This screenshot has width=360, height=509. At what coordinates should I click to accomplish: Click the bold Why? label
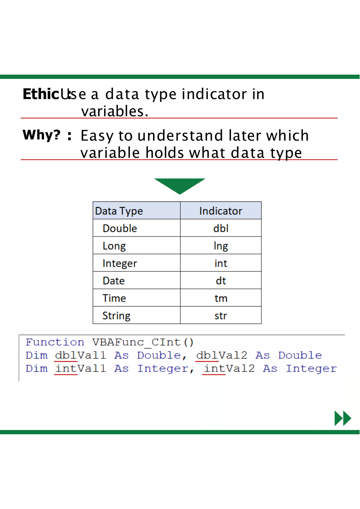42,135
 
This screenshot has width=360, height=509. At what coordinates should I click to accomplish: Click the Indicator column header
221,211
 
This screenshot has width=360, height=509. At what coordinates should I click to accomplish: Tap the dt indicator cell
221,281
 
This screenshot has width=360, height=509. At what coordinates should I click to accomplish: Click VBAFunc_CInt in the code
136,342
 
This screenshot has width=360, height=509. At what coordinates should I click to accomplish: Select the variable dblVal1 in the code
80,356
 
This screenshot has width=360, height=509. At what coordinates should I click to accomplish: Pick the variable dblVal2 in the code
222,356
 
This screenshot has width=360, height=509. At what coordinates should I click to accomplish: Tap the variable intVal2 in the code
229,369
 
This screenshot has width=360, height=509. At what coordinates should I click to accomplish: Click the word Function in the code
55,342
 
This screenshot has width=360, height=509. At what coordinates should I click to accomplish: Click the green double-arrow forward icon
343,418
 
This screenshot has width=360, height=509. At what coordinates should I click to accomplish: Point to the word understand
180,135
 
